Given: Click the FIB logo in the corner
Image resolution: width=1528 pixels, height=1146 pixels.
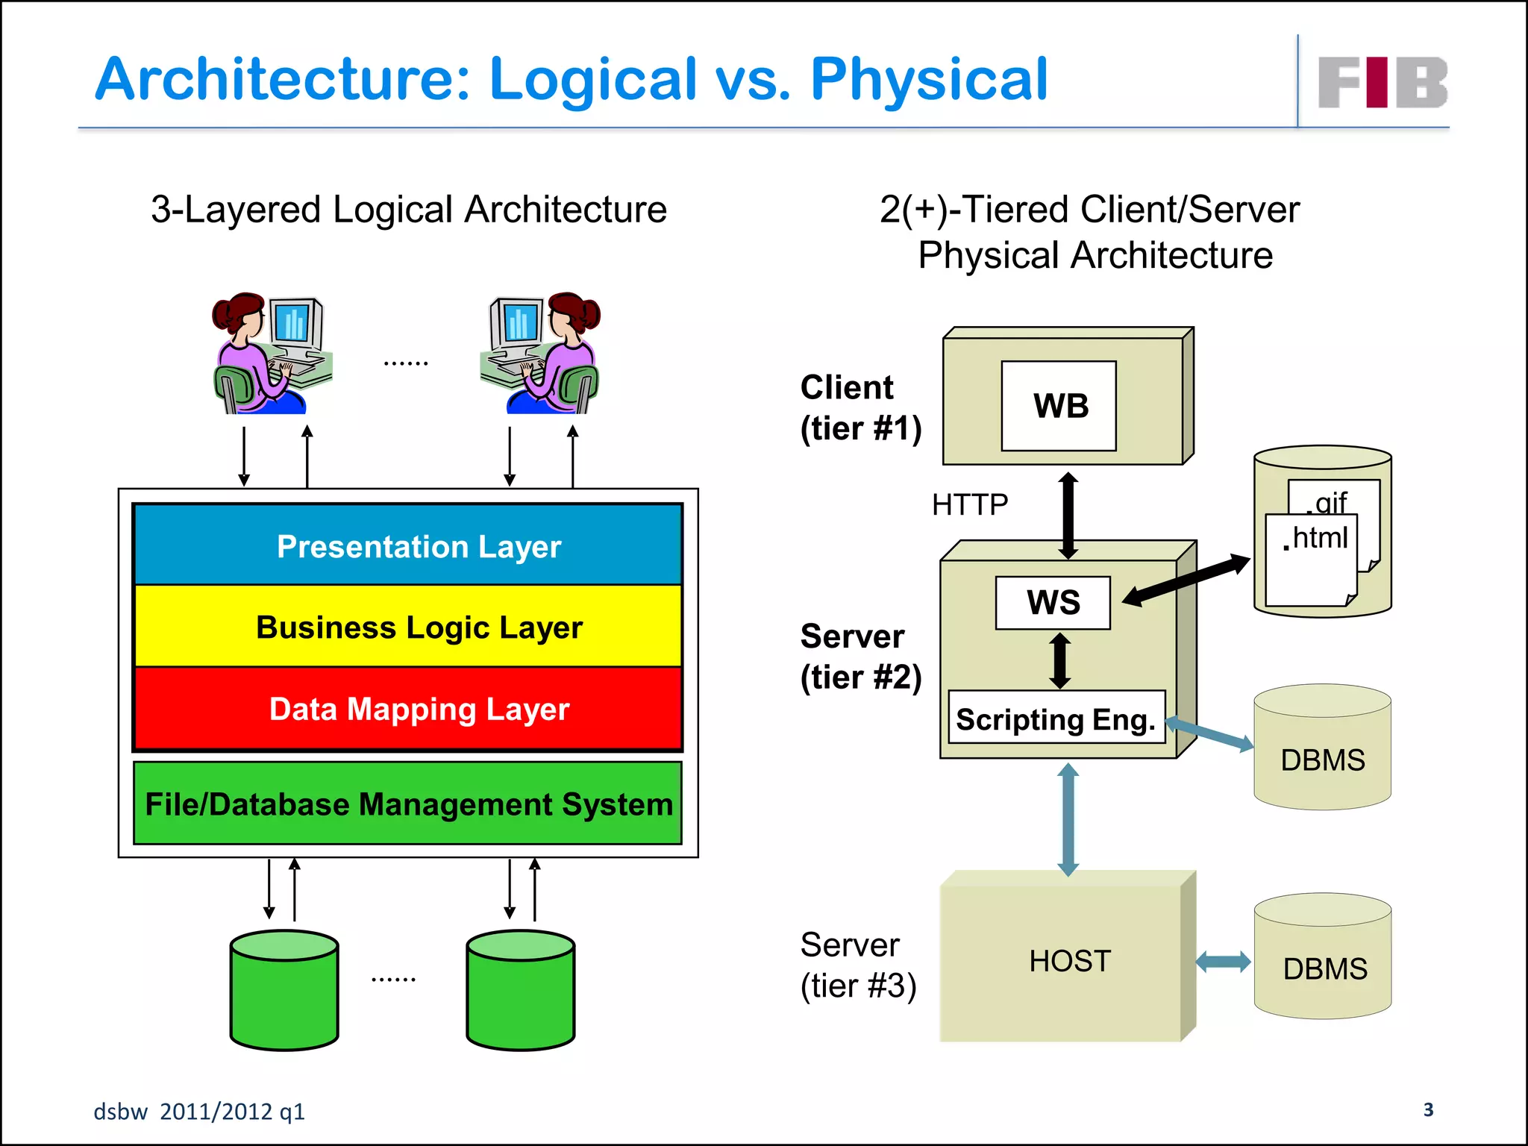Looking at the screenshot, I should click(x=1383, y=82).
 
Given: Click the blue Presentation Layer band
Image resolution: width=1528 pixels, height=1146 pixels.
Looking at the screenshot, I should click(x=408, y=545).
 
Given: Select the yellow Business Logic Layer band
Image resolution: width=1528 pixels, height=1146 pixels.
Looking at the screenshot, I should click(x=408, y=626).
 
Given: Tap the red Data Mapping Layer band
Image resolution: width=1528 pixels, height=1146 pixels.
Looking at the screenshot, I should click(x=408, y=708).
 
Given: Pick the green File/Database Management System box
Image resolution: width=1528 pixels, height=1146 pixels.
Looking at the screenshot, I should click(x=408, y=804).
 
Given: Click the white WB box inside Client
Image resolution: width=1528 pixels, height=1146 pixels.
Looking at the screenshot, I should click(x=1059, y=406).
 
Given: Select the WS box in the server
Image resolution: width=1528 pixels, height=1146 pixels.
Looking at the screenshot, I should click(x=1052, y=603).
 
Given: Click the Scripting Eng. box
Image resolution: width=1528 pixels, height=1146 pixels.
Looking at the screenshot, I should click(x=1056, y=718).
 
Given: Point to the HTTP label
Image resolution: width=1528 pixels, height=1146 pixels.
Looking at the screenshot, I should click(x=969, y=505).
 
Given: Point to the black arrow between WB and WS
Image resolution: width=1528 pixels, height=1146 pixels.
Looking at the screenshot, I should click(x=1068, y=516).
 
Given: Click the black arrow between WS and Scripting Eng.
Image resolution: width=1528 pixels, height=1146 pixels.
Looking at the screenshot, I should click(x=1059, y=660).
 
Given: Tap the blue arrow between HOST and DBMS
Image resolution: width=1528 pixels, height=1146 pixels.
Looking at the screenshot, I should click(x=1223, y=962).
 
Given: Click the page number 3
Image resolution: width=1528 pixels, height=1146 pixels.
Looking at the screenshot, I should click(x=1428, y=1109).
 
